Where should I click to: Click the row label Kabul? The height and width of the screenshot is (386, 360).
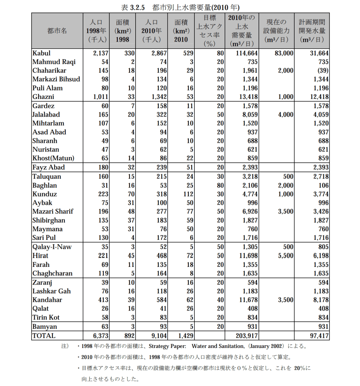pyautogui.click(x=42, y=53)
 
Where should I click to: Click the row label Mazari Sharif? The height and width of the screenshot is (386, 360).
pyautogui.click(x=53, y=211)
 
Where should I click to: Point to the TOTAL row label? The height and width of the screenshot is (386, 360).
pyautogui.click(x=44, y=335)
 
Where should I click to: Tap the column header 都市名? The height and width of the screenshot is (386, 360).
pyautogui.click(x=57, y=31)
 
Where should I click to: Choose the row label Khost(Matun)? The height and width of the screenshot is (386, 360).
pyautogui.click(x=53, y=158)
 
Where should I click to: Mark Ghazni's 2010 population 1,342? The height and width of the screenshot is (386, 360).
pyautogui.click(x=159, y=97)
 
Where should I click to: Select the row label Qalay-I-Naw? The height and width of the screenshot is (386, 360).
pyautogui.click(x=52, y=247)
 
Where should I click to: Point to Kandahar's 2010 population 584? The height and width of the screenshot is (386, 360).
pyautogui.click(x=162, y=300)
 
